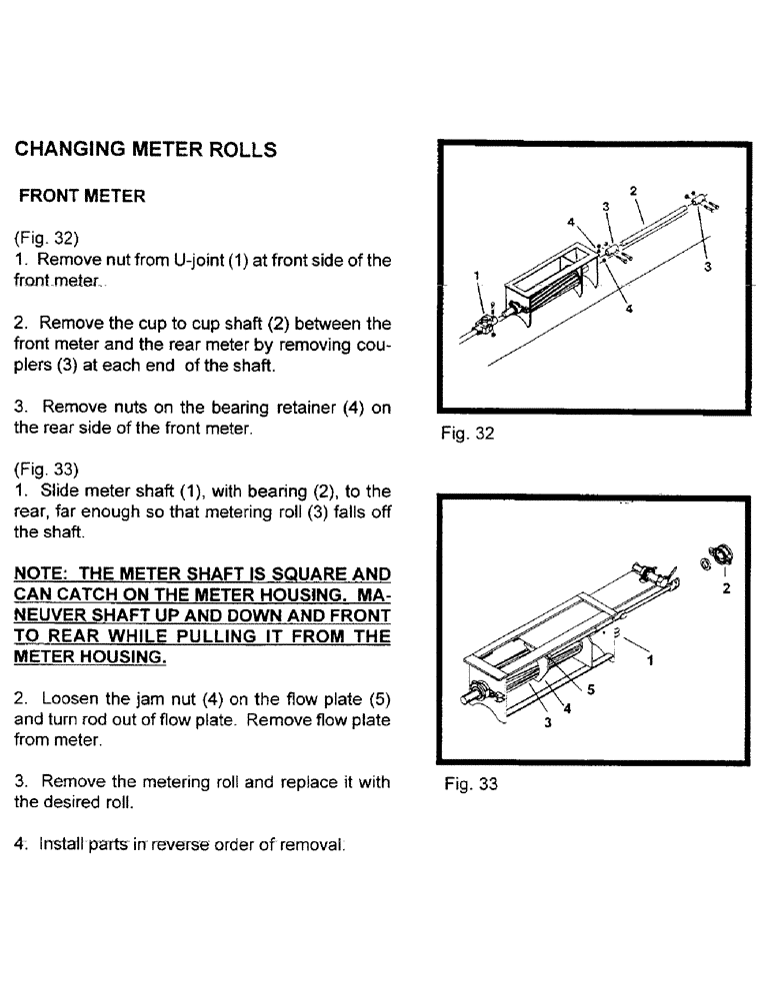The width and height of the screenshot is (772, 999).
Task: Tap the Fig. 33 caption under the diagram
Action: (469, 784)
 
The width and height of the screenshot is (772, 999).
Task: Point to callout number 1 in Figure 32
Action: (477, 275)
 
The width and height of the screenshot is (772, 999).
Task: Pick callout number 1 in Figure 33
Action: (651, 660)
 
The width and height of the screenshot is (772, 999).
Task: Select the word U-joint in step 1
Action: (202, 261)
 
